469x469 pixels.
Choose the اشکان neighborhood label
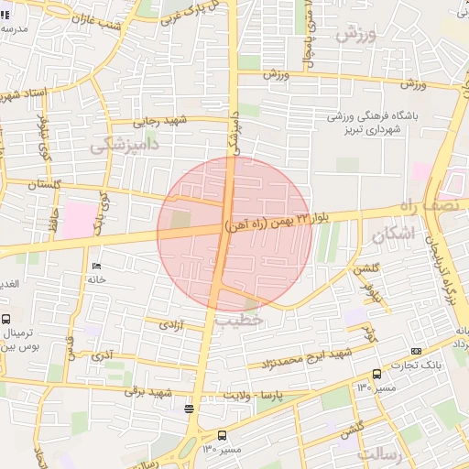394,234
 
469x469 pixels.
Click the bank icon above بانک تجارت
417,351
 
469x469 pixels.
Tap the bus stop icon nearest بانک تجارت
376,374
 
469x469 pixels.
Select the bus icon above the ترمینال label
7,320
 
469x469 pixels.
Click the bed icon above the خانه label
95,266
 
